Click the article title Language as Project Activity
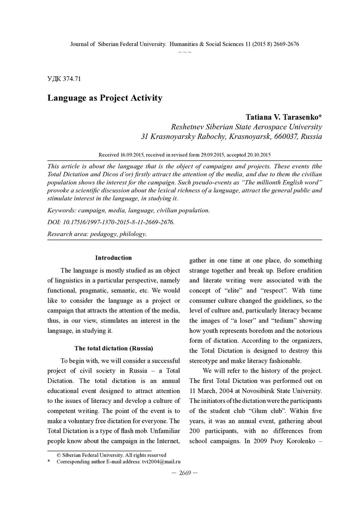105,98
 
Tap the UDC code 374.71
67,78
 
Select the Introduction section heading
113,258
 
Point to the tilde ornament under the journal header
185,51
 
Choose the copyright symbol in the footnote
59,455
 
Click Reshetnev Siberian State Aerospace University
246,127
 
